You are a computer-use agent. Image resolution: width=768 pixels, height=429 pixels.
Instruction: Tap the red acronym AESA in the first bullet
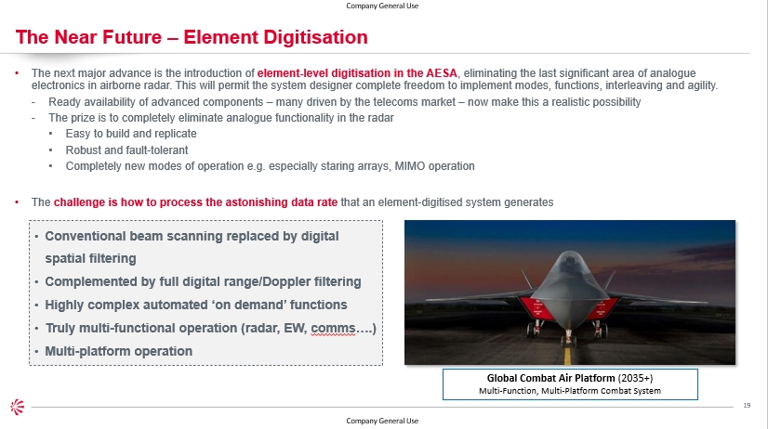pos(442,73)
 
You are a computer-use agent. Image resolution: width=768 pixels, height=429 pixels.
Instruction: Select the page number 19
pos(747,405)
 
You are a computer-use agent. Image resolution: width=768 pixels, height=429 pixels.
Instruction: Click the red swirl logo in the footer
pos(17,407)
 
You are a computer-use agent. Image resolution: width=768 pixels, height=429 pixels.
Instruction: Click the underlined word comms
pos(333,328)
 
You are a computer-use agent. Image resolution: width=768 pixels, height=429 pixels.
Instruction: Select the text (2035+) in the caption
pos(635,378)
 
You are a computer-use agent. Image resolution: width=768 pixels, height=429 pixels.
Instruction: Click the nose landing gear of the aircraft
pos(568,337)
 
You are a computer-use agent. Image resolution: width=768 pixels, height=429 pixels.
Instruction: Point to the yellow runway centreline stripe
pos(568,356)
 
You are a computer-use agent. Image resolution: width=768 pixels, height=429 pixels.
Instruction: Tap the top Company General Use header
pos(382,6)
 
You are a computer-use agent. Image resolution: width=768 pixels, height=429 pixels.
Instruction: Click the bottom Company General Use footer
pos(382,421)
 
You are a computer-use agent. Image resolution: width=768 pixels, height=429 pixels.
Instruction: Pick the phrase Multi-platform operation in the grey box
pos(118,352)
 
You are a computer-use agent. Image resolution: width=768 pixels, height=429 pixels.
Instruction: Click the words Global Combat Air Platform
pos(551,378)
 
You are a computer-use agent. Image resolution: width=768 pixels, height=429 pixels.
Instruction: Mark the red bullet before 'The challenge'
pos(17,202)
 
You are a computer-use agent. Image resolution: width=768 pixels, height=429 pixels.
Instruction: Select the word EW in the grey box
pos(295,328)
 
